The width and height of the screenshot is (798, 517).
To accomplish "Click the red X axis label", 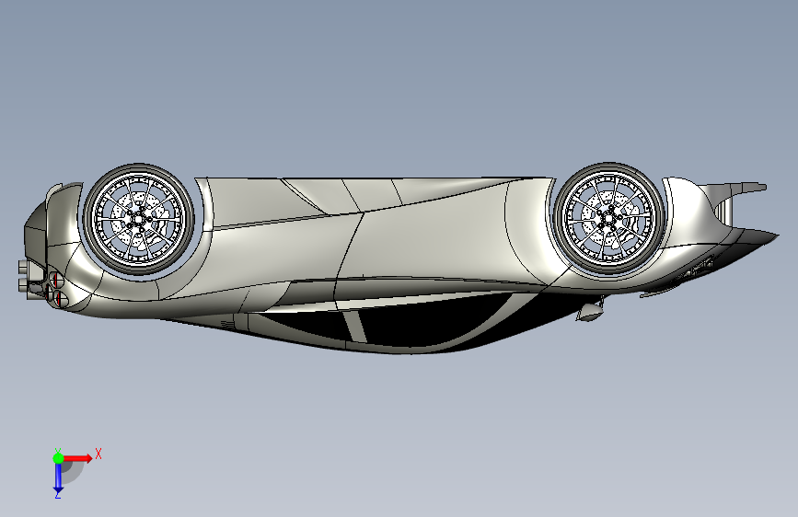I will pyautogui.click(x=98, y=453).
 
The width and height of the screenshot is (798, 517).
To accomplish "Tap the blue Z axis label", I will pyautogui.click(x=57, y=494).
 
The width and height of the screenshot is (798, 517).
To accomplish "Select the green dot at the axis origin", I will pyautogui.click(x=58, y=457).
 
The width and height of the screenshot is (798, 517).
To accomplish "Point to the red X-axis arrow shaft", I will pyautogui.click(x=75, y=457).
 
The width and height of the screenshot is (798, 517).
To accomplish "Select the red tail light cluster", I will pyautogui.click(x=55, y=281).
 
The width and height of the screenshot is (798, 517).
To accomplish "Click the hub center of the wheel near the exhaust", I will pyautogui.click(x=138, y=218).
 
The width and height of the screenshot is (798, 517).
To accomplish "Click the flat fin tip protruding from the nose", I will pyautogui.click(x=753, y=188).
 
